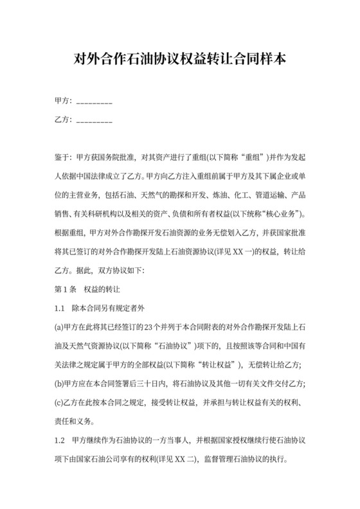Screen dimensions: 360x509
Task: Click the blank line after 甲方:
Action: click(94, 102)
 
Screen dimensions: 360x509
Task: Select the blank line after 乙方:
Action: click(94, 120)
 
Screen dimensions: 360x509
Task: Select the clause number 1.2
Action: click(60, 442)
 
